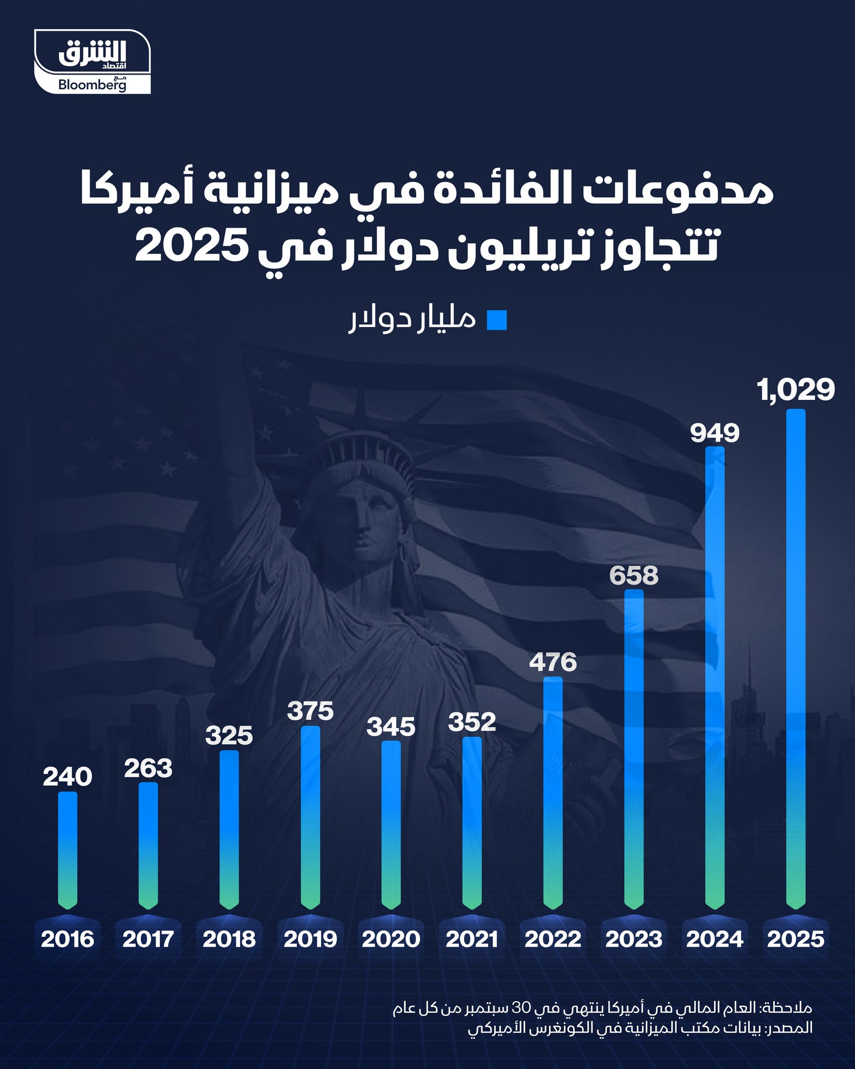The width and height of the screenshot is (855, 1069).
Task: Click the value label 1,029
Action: pos(796,390)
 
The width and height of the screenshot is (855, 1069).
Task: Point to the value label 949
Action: pos(715,433)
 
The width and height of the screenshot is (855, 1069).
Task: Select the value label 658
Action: pos(634,576)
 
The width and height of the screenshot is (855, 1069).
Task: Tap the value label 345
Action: pos(391,727)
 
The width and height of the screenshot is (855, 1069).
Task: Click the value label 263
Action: pos(148,768)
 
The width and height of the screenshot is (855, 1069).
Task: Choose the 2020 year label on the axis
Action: pos(391,940)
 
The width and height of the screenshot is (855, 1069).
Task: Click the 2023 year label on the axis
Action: pos(634,940)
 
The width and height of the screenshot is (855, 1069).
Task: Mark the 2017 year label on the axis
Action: pos(148,940)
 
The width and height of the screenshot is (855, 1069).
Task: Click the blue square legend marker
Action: pos(496,320)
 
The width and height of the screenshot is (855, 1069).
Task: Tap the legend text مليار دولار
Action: pos(412,319)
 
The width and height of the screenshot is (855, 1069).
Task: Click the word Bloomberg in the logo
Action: pos(92,85)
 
